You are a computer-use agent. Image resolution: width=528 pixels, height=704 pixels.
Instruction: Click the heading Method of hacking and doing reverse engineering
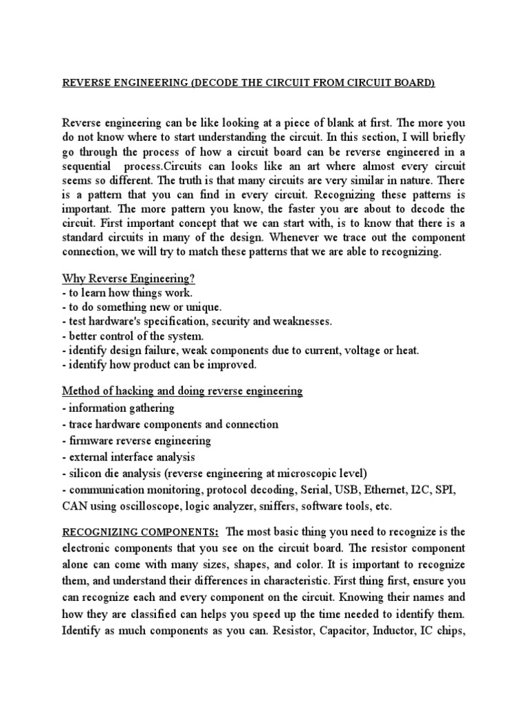pos(182,391)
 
